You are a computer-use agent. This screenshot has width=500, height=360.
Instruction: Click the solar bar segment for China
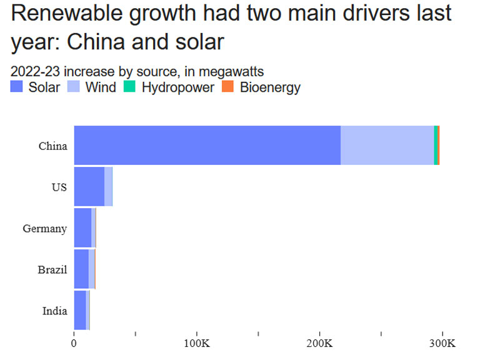[207, 145]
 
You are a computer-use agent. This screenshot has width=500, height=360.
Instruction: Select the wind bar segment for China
[387, 145]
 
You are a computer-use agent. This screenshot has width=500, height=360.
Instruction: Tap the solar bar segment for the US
[89, 186]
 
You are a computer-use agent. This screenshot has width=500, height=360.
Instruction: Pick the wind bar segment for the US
[108, 186]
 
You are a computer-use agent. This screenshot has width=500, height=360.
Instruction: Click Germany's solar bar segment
[82, 227]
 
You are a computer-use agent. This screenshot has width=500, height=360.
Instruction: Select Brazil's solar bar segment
[81, 269]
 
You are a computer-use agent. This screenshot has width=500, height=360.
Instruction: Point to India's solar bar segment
[80, 310]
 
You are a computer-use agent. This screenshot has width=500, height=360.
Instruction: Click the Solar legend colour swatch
[17, 87]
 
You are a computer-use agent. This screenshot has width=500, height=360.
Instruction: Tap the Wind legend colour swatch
[73, 87]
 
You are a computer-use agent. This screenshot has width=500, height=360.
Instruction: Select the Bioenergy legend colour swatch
[228, 87]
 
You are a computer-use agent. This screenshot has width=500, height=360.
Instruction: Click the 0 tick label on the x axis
[74, 343]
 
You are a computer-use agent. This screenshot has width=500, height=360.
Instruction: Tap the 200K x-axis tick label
[319, 343]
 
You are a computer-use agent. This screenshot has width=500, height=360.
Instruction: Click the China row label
[52, 146]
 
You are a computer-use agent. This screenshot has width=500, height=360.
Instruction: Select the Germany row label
[44, 229]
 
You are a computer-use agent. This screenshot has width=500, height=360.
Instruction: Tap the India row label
[54, 311]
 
